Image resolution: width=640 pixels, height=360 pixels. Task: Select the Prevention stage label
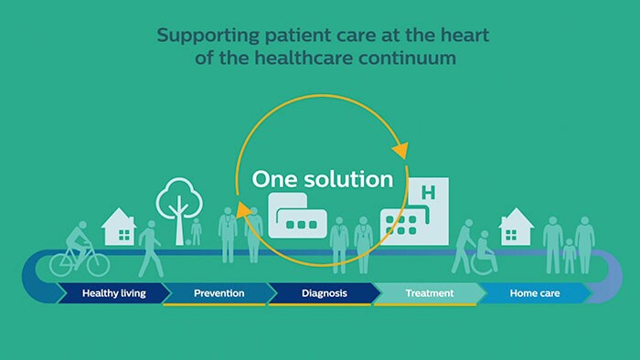click(219, 293)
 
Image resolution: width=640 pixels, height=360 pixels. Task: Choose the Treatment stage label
click(429, 293)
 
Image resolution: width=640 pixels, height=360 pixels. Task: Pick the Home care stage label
click(536, 293)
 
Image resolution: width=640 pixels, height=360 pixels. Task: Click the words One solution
click(321, 177)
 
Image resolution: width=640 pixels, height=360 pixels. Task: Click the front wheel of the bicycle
click(96, 263)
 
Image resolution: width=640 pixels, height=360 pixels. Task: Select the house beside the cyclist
click(119, 228)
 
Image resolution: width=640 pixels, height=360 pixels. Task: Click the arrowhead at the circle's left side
click(243, 212)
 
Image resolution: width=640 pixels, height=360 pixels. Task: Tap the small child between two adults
click(570, 253)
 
